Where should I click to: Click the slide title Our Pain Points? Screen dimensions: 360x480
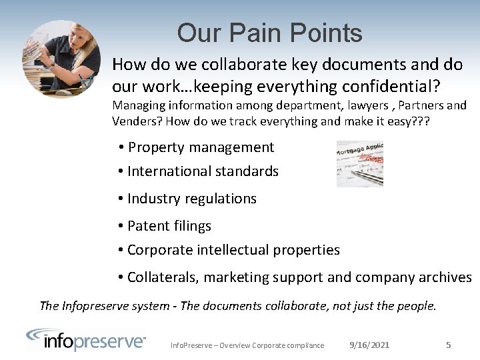[269, 33]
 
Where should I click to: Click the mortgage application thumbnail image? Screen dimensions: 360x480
[360, 163]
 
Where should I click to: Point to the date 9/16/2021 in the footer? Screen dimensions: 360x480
[369, 345]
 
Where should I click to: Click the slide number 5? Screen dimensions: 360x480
[448, 345]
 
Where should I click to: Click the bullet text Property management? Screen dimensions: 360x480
[201, 147]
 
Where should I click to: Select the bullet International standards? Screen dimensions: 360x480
[203, 171]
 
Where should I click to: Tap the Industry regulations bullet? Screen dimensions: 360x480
[191, 199]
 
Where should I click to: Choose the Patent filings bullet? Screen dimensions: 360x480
[169, 226]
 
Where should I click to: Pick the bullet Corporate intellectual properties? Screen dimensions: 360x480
[233, 250]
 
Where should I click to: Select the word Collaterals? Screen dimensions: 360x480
[163, 277]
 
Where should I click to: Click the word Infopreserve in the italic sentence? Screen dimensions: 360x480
[95, 306]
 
